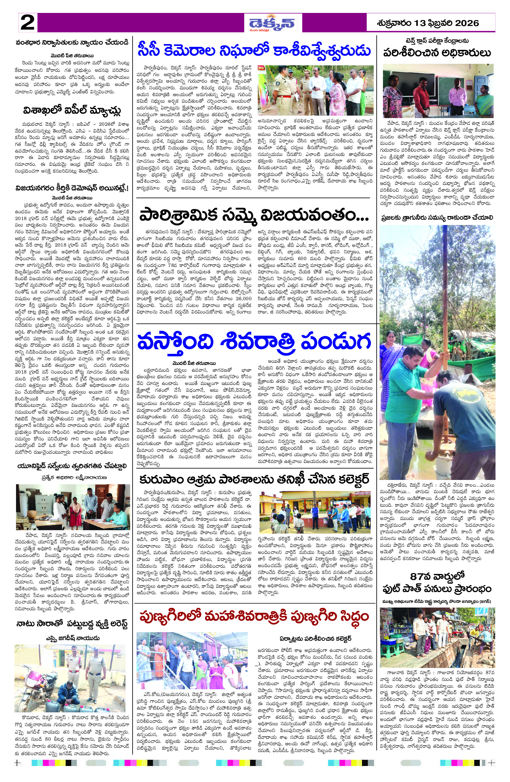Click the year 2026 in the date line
[x=467, y=23]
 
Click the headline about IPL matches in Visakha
[x=72, y=110]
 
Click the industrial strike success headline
[x=254, y=216]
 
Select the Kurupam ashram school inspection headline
[x=254, y=479]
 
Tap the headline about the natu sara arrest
[x=72, y=624]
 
